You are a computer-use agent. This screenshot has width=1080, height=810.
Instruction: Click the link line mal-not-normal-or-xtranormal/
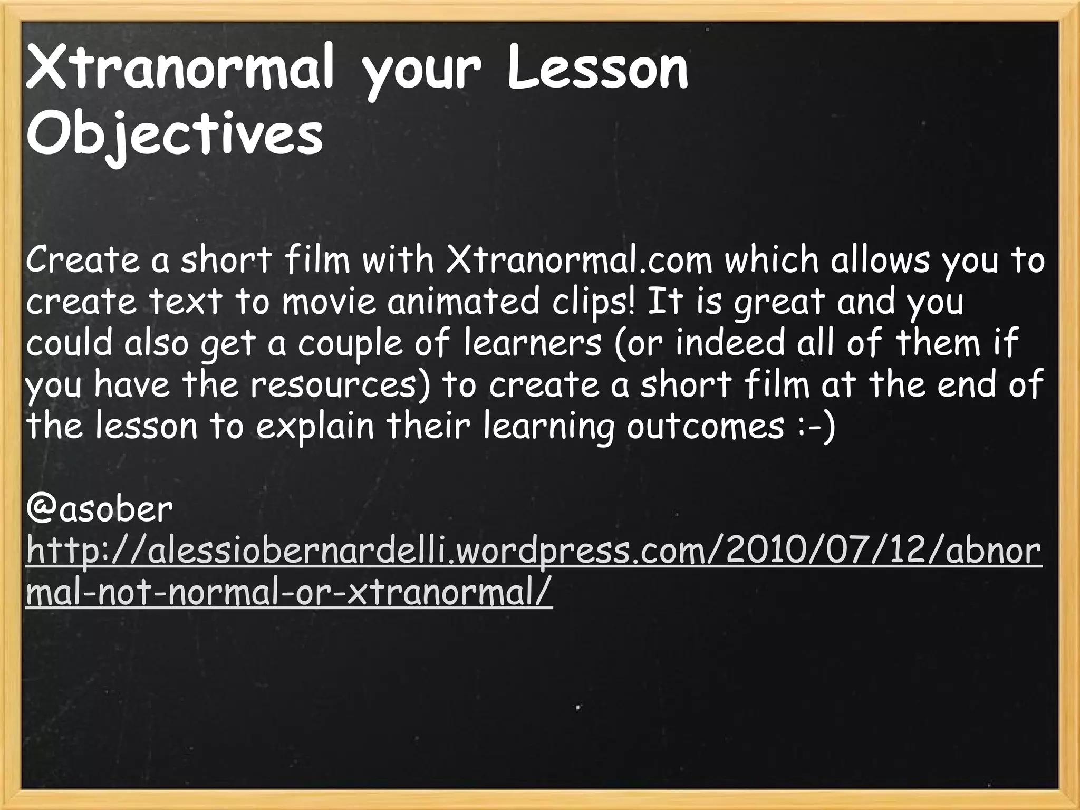[289, 593]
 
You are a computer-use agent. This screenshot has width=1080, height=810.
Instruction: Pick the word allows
[880, 261]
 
